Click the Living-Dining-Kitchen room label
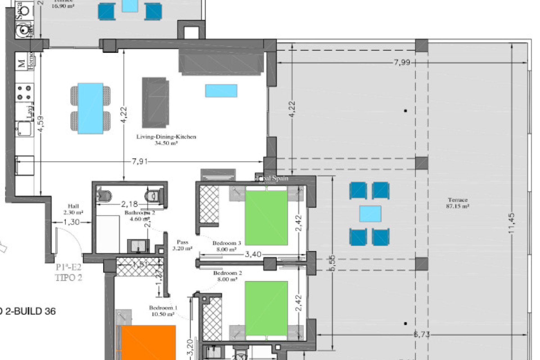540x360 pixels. pyautogui.click(x=166, y=137)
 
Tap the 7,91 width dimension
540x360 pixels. pyautogui.click(x=139, y=162)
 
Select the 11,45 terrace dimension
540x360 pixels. pyautogui.click(x=511, y=223)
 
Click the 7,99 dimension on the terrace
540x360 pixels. pyautogui.click(x=402, y=62)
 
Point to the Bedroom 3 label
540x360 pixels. pyautogui.click(x=227, y=243)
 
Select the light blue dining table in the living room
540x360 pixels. pyautogui.click(x=90, y=108)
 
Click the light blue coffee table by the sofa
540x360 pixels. pyautogui.click(x=221, y=91)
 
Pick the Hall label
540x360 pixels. pyautogui.click(x=73, y=206)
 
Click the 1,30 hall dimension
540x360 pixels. pyautogui.click(x=71, y=222)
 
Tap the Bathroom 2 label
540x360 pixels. pyautogui.click(x=139, y=213)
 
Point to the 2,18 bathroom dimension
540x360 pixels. pyautogui.click(x=129, y=204)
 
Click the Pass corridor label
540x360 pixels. pyautogui.click(x=183, y=242)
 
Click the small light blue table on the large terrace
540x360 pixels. pyautogui.click(x=370, y=214)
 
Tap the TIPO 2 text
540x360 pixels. pyautogui.click(x=69, y=278)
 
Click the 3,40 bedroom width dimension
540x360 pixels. pyautogui.click(x=253, y=255)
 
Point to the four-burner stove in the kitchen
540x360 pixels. pyautogui.click(x=24, y=93)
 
